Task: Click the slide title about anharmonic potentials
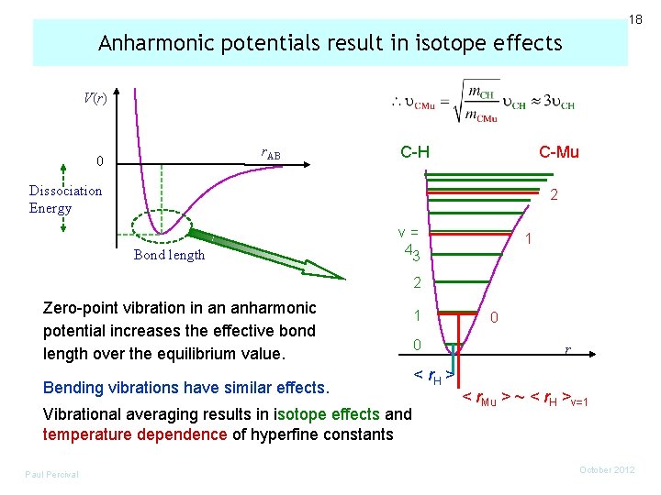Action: pos(330,43)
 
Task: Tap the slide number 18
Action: pos(634,19)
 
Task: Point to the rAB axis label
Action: pos(271,154)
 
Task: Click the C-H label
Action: pos(414,151)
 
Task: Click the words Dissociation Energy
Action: pos(65,199)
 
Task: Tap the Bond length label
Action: pos(169,255)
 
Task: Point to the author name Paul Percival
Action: pos(52,474)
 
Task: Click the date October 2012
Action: pos(608,470)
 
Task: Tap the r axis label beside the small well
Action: pos(568,349)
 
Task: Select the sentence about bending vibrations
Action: pos(185,387)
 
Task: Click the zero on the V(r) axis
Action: pos(102,161)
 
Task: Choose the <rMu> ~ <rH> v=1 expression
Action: pos(524,399)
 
